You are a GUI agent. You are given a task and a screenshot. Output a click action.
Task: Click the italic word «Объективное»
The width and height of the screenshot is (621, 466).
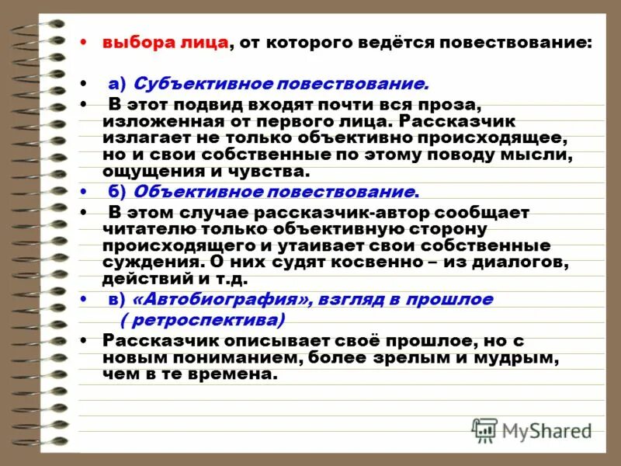(189, 191)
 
